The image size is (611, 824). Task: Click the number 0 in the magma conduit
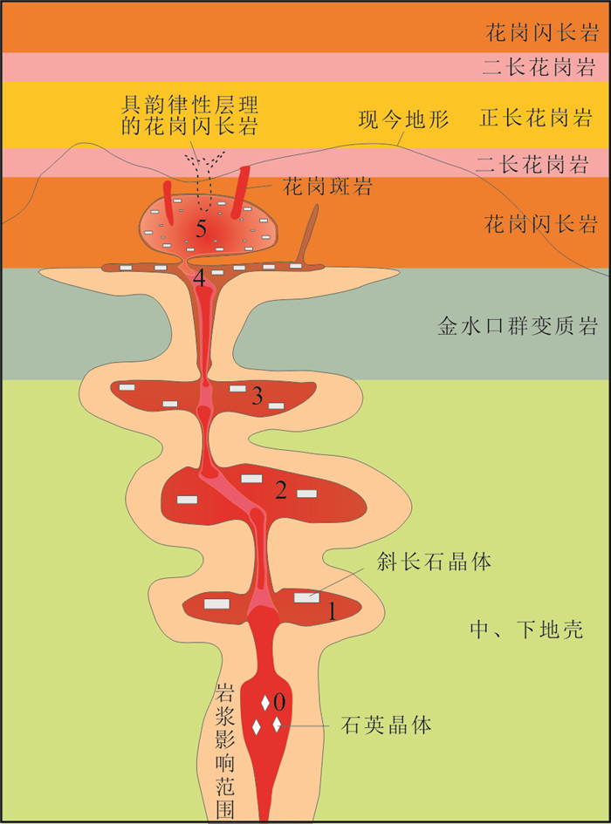tap(279, 700)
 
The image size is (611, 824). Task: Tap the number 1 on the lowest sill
tap(333, 611)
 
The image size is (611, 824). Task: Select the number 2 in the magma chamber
tap(280, 490)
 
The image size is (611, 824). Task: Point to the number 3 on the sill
tap(257, 397)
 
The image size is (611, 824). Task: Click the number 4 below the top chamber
tap(200, 279)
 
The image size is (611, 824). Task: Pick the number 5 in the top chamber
tap(202, 230)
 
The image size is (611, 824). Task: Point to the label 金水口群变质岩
tap(517, 327)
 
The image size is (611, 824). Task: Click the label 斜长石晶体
tap(435, 561)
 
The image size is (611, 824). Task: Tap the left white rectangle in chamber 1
tap(216, 603)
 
